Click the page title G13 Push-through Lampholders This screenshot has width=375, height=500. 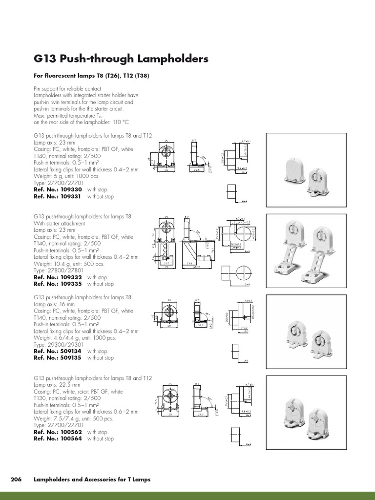click(121, 59)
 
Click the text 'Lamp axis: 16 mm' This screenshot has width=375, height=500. click(55, 304)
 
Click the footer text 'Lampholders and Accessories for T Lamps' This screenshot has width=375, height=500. click(92, 479)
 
